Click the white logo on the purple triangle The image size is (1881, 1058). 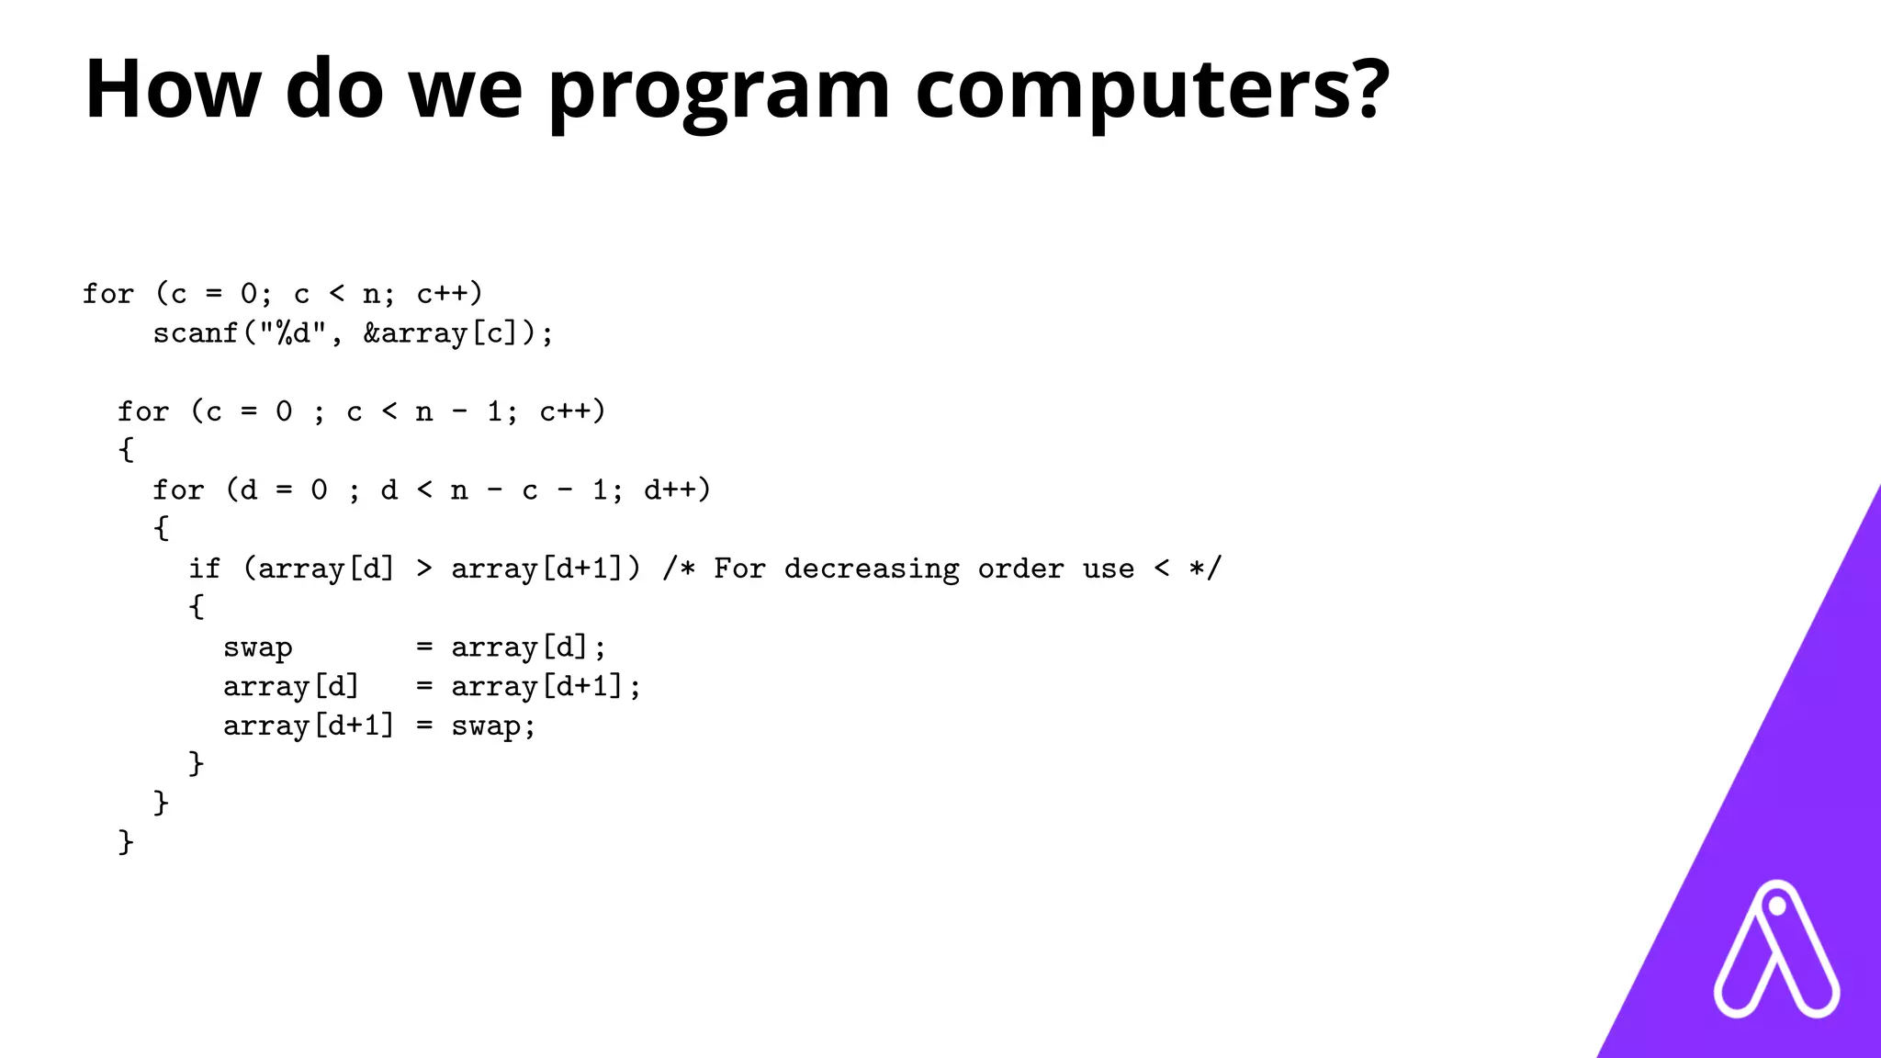pos(1776,951)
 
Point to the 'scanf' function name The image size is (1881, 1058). pos(196,333)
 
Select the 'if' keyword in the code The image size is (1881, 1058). pos(205,568)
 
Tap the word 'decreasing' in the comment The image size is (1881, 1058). pos(872,568)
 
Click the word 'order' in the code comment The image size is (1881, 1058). pos(1020,568)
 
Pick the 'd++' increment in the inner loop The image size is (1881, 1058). pos(670,490)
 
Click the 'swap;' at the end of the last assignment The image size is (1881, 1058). pos(493,726)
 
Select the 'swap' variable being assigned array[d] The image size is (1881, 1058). pos(258,647)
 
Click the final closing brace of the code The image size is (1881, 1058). pos(126,841)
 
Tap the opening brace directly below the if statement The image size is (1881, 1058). pos(196,606)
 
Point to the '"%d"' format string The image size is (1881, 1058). pos(292,332)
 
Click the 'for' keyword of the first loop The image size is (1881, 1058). pos(108,294)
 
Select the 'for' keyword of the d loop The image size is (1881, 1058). pos(178,490)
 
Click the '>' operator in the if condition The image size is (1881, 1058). pos(423,568)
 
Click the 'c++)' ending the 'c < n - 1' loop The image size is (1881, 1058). pos(572,411)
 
